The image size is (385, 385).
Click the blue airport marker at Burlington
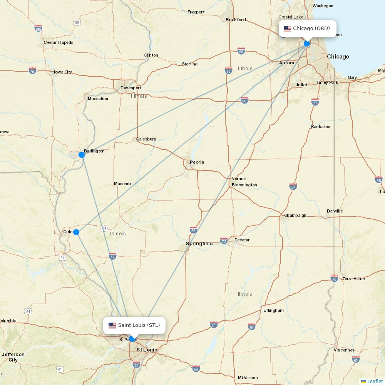click(x=82, y=155)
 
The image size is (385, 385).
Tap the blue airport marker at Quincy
click(x=76, y=232)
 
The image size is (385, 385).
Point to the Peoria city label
click(x=197, y=162)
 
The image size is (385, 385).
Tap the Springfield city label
click(x=199, y=244)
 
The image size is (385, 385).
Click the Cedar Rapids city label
click(x=58, y=42)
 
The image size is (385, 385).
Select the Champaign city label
click(x=295, y=215)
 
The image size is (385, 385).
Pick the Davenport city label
click(x=131, y=88)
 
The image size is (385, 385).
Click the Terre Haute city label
click(x=353, y=279)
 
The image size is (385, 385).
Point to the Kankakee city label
click(x=320, y=127)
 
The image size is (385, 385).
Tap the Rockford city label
click(x=236, y=20)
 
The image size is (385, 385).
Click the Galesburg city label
click(x=146, y=139)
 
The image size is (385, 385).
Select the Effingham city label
click(x=273, y=310)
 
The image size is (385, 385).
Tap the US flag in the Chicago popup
click(x=288, y=28)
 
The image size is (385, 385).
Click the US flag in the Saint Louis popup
click(x=112, y=325)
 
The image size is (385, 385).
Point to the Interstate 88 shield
click(x=241, y=51)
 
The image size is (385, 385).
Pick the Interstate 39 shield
click(x=228, y=70)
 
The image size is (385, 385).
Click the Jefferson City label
click(x=13, y=357)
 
